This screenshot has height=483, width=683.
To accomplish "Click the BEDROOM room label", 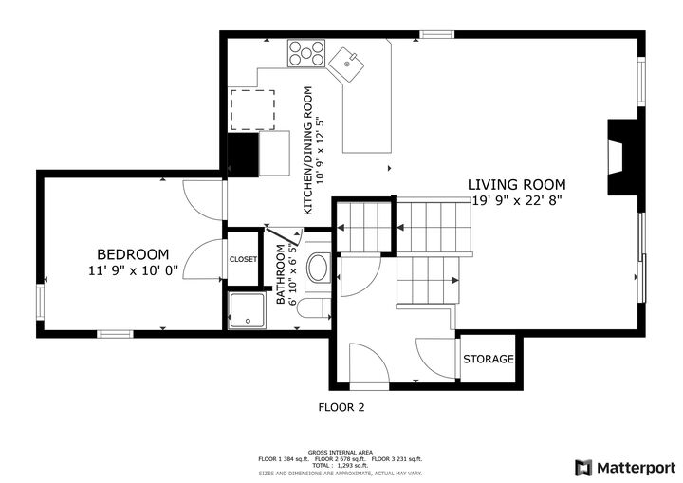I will [x=133, y=254].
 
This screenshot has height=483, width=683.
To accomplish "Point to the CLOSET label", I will [x=243, y=259].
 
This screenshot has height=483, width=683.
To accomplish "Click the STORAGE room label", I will [x=489, y=360].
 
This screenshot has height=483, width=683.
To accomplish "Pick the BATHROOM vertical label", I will [x=281, y=274].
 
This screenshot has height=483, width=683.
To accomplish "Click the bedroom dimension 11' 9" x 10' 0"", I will [x=133, y=270].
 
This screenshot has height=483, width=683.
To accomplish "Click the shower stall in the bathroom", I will [x=248, y=309].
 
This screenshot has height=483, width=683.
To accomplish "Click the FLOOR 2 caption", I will [x=341, y=407].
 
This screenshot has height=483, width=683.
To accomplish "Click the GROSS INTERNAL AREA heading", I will [x=341, y=452].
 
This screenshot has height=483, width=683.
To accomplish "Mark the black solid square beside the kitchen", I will [x=244, y=154].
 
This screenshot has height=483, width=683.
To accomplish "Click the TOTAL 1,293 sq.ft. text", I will [x=341, y=466].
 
